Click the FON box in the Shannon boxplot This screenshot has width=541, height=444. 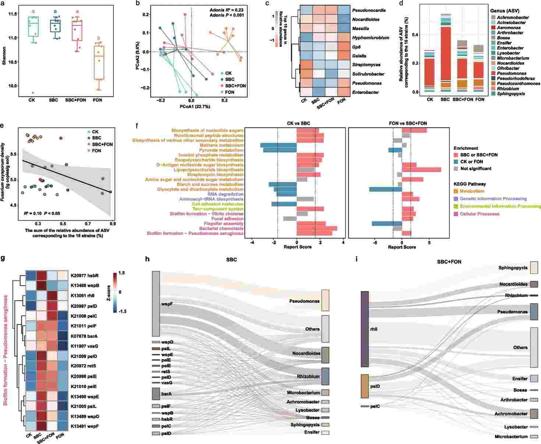point(98,62)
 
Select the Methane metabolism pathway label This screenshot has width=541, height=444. point(221,146)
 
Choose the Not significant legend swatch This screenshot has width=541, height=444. point(456,168)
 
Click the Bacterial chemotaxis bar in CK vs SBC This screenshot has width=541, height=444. point(317,228)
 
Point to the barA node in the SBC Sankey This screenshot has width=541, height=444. point(156,394)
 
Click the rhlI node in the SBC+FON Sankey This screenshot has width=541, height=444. point(365,329)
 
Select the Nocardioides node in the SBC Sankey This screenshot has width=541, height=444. point(325,355)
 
